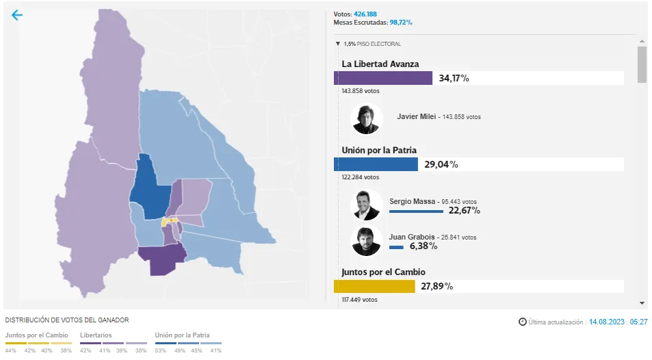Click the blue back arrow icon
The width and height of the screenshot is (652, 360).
tap(17, 15)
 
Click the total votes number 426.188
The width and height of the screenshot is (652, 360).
tap(365, 14)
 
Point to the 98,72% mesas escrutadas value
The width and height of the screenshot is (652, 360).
tap(401, 23)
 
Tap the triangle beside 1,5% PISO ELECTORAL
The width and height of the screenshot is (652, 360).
tap(338, 44)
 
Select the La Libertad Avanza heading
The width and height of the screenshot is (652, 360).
tap(380, 64)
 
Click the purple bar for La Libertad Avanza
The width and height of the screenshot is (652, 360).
tap(383, 78)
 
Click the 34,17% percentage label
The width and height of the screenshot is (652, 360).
tap(454, 78)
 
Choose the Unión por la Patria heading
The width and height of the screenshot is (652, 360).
tap(389, 150)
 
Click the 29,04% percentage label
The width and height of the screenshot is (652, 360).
tap(441, 164)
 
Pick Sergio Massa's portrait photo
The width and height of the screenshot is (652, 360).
tap(366, 205)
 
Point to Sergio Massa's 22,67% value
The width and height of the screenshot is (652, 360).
tap(465, 211)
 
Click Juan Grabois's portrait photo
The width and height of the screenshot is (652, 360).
tap(366, 240)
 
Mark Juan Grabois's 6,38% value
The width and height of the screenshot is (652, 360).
tap(423, 246)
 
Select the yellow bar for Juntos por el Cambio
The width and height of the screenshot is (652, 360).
tap(374, 286)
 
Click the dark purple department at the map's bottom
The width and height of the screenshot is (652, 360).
tap(163, 260)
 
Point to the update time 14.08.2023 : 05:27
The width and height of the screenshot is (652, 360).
tap(618, 322)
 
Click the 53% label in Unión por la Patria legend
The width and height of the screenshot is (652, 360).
tap(160, 350)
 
